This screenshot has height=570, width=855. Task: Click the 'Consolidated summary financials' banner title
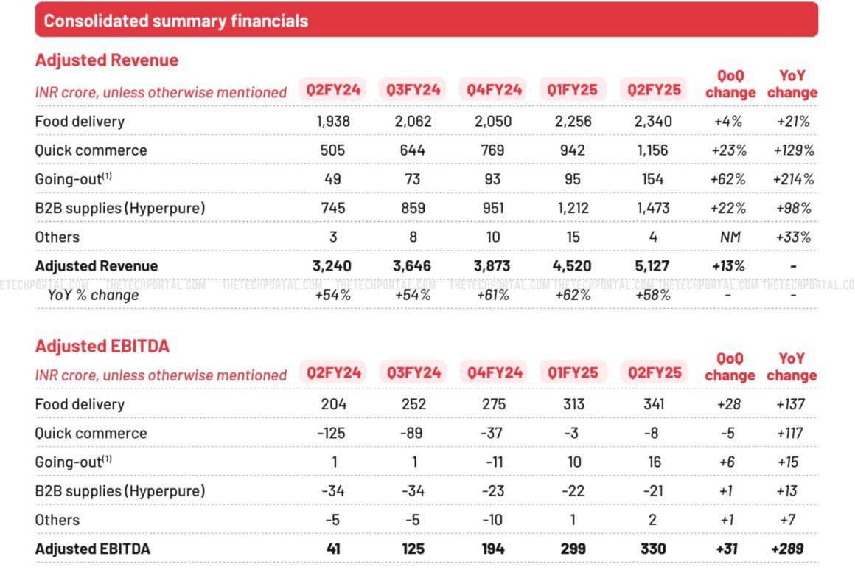(x=175, y=21)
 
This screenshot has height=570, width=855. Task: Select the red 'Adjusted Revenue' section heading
(x=107, y=60)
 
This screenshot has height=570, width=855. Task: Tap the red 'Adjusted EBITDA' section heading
(x=102, y=346)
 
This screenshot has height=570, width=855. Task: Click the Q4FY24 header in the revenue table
(x=493, y=90)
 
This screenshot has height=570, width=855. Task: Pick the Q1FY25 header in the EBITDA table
(x=573, y=372)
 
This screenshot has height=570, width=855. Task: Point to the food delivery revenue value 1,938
(x=333, y=122)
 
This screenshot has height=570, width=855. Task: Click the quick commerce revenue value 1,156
(x=652, y=150)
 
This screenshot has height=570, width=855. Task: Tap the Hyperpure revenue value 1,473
(x=652, y=208)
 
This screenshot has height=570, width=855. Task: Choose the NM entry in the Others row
(x=730, y=237)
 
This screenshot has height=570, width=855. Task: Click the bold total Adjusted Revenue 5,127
(x=652, y=266)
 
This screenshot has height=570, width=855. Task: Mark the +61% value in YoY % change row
(x=492, y=295)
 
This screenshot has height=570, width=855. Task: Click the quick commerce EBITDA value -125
(x=332, y=434)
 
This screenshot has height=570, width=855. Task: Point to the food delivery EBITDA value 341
(x=652, y=404)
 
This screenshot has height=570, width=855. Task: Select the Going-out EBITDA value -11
(x=492, y=462)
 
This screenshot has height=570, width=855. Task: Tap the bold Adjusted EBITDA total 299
(x=573, y=549)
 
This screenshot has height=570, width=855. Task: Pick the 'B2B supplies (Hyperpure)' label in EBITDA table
(x=120, y=491)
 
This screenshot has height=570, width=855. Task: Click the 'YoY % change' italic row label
(x=93, y=295)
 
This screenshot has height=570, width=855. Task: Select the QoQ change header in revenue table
(x=730, y=84)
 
